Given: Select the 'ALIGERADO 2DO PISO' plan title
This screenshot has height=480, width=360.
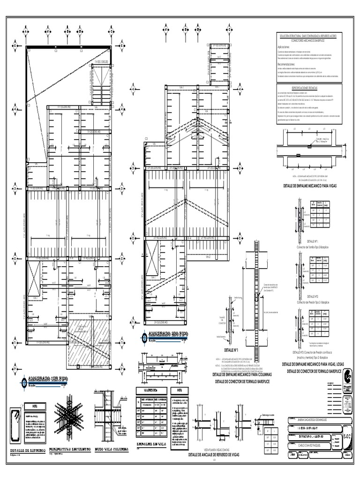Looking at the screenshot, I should [167, 336].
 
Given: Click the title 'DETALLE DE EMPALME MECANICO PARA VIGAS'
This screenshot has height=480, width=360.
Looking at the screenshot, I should [310, 186].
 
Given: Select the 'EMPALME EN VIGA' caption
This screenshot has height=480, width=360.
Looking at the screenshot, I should [150, 443].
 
